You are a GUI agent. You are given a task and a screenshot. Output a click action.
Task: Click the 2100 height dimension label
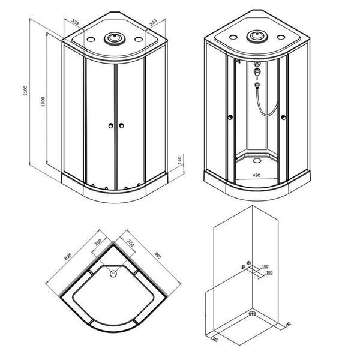[25, 91]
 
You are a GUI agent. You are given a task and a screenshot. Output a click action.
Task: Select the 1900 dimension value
[43, 102]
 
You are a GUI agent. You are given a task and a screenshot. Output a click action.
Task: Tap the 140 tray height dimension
[179, 160]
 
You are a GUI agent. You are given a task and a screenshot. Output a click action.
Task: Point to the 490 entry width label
[256, 175]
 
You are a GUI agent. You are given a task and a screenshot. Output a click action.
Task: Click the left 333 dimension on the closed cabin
[76, 22]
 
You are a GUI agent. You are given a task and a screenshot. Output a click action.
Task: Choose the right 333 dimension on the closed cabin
[153, 23]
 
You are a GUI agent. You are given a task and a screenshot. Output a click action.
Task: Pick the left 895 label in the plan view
[68, 256]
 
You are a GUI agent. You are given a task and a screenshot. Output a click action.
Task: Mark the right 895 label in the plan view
[158, 256]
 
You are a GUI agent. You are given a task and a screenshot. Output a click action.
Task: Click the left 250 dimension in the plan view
[98, 242]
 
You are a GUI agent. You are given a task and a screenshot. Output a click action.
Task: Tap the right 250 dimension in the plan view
[130, 243]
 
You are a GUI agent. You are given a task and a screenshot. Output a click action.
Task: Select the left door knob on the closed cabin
[110, 125]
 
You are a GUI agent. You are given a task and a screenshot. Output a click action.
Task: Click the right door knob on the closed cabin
[121, 125]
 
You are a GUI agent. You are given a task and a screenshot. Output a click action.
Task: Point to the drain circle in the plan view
[113, 274]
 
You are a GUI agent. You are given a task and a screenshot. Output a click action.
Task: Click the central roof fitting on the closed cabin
[115, 38]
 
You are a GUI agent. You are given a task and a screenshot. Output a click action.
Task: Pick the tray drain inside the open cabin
[257, 160]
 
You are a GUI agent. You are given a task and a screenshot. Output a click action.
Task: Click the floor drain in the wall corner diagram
[253, 313]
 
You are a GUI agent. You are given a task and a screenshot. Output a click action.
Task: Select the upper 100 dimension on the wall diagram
[265, 266]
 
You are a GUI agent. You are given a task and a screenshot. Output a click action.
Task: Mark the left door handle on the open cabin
[230, 118]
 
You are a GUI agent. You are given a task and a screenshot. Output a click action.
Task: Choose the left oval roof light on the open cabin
[233, 37]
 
